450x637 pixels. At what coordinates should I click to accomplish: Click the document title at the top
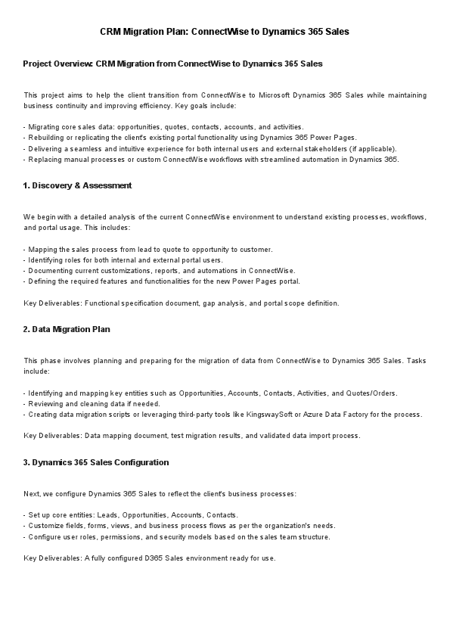(x=225, y=33)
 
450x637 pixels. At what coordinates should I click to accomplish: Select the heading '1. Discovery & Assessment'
(x=77, y=185)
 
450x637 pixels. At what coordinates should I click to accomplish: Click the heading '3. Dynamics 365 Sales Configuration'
(x=96, y=462)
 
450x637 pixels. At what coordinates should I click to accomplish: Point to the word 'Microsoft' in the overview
(x=293, y=95)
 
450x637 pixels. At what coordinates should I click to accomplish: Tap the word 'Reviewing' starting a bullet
(x=45, y=403)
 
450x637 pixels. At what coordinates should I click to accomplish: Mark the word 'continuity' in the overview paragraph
(x=69, y=106)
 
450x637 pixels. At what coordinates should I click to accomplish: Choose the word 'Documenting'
(x=50, y=270)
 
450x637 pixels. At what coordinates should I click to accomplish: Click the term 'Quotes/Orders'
(x=372, y=393)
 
